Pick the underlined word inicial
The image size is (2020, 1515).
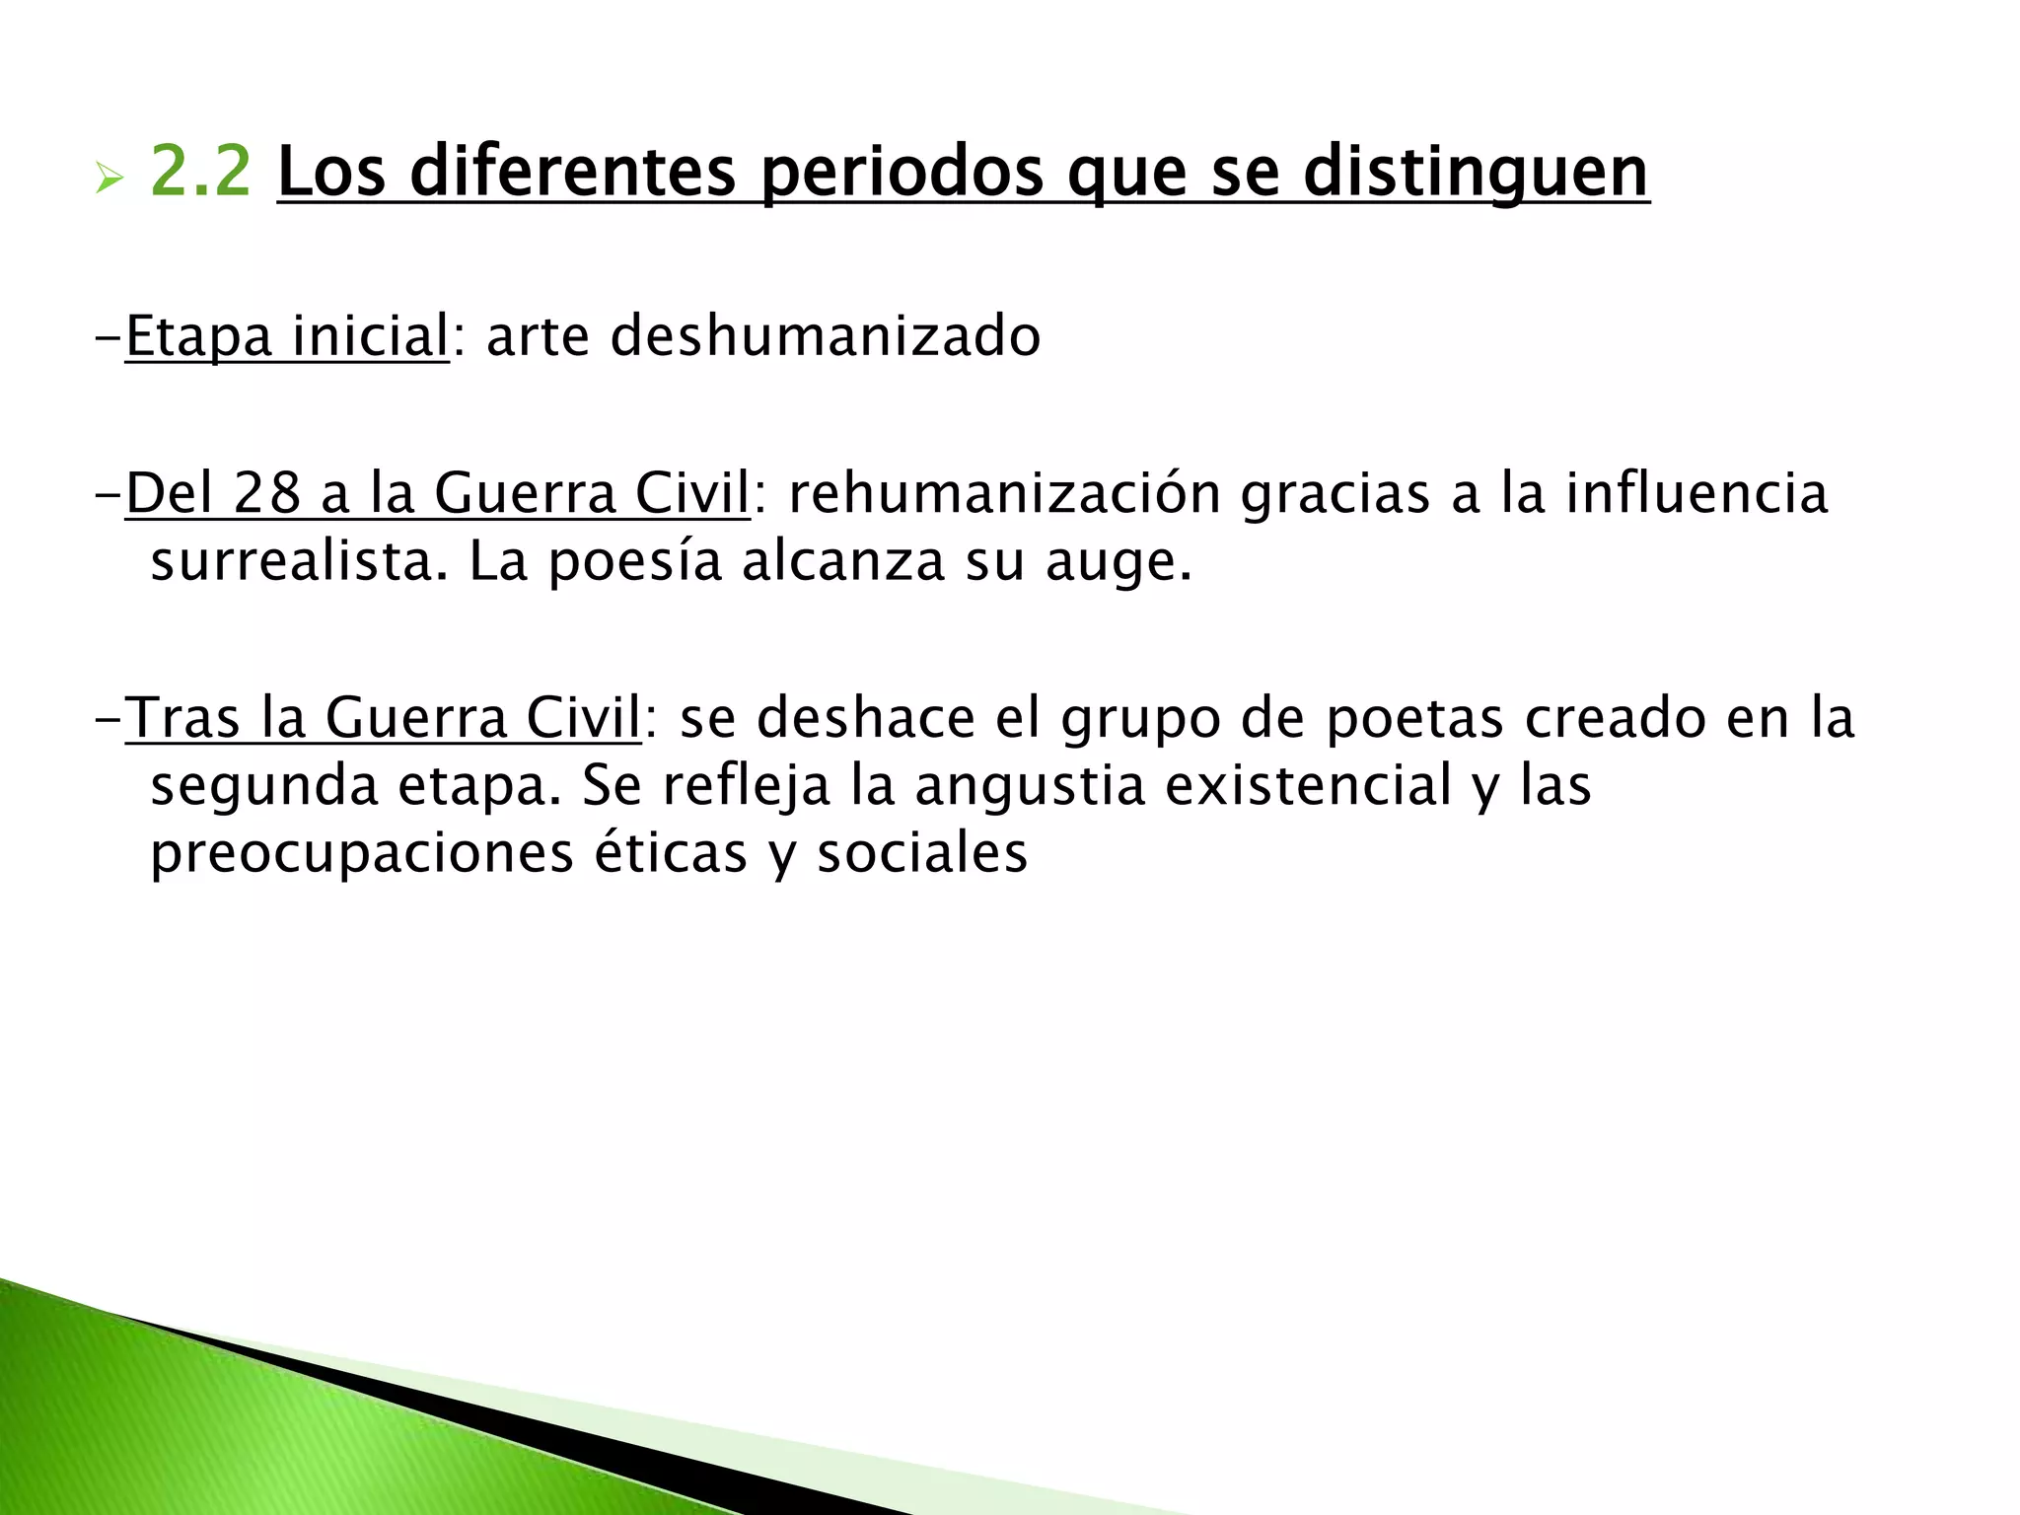click(x=370, y=336)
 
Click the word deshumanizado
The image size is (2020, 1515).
click(x=826, y=336)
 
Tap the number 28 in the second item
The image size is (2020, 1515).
click(x=266, y=493)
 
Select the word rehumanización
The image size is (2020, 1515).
click(x=1004, y=493)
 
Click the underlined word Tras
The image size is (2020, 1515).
click(x=182, y=717)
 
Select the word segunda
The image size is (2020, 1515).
click(x=263, y=787)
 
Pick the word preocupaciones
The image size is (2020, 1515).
click(x=361, y=854)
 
